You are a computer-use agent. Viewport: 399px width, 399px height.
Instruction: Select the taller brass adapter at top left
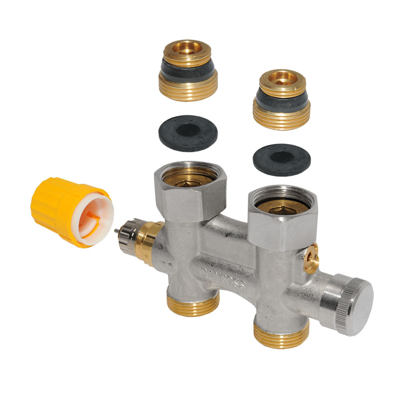pos(189,70)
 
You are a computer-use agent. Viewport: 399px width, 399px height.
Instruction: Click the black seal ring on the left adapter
pos(188,66)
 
